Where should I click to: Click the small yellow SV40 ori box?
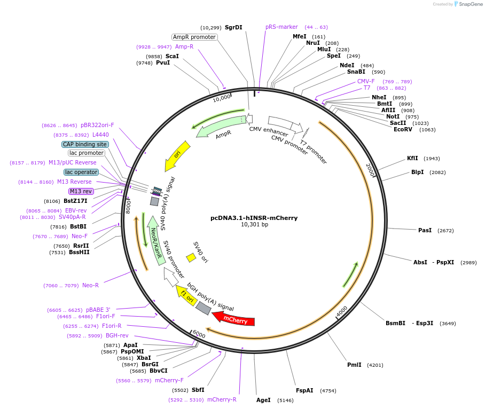click(191, 257)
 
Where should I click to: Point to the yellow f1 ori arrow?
click(186, 295)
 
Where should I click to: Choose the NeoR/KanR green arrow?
click(155, 240)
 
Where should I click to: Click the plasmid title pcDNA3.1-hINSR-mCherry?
click(254, 218)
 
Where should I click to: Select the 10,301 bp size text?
click(254, 225)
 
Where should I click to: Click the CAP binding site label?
click(85, 144)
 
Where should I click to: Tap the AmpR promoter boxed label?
click(194, 37)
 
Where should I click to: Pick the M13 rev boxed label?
click(81, 191)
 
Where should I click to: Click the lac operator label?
click(81, 172)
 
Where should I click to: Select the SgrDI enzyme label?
click(233, 27)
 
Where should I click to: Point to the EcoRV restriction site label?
click(403, 129)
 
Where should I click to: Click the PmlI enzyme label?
click(354, 365)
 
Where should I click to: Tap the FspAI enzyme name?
click(304, 391)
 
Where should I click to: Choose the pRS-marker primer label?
click(281, 27)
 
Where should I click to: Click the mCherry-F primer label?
click(169, 381)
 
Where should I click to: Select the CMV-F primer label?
click(366, 81)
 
